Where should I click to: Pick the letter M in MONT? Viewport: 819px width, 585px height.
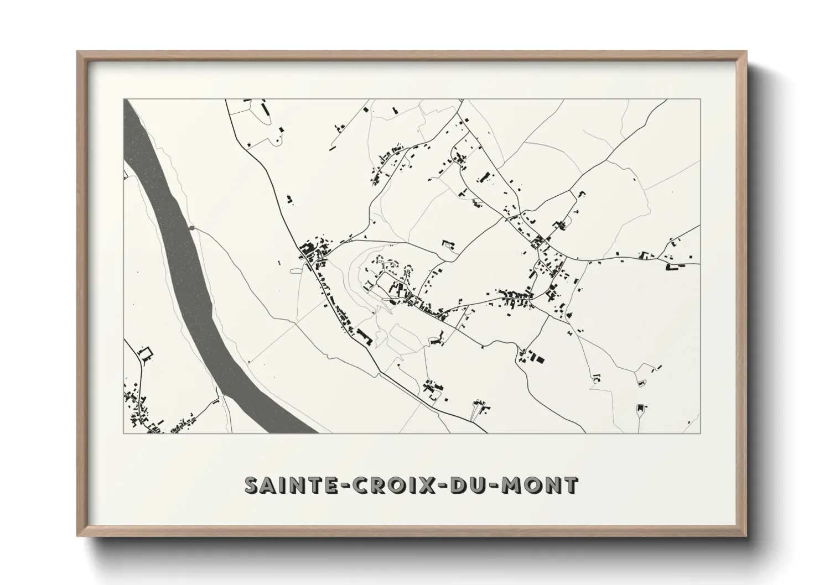tap(511, 485)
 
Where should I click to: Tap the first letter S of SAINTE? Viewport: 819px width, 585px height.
tap(252, 485)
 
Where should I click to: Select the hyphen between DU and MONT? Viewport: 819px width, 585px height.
tap(494, 486)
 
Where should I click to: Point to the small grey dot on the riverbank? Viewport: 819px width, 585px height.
tap(191, 228)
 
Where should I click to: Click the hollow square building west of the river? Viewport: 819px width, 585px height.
tap(146, 352)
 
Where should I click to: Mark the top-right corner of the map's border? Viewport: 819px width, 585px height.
tap(701, 100)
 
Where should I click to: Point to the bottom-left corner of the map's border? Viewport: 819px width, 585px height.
tap(123, 433)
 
